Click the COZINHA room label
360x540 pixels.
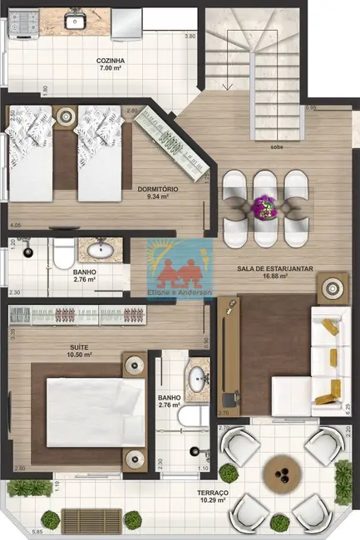click(111, 61)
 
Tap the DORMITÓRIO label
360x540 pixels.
click(158, 189)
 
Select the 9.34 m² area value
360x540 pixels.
click(158, 198)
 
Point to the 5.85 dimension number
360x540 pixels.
click(14, 532)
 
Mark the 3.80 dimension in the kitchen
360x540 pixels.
click(190, 37)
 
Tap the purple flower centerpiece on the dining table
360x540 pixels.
click(264, 204)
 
